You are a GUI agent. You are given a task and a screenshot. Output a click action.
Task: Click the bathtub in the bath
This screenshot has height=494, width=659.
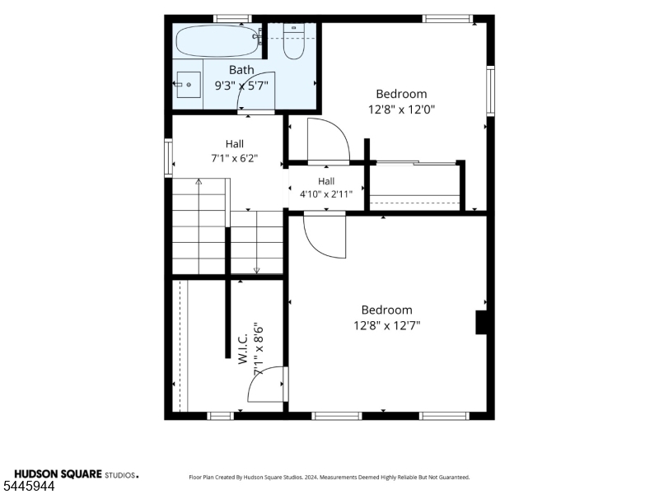tap(217, 40)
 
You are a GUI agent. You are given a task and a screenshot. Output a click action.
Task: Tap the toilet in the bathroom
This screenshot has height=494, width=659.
tap(294, 41)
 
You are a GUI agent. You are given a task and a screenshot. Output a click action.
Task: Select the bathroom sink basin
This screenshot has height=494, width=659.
tap(189, 85)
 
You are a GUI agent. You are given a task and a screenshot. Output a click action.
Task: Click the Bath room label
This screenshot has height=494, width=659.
tap(241, 70)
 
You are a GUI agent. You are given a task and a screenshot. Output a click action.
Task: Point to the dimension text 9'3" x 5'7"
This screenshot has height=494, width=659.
tap(241, 86)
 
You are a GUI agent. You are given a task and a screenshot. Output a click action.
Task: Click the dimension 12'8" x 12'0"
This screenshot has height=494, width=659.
tap(401, 110)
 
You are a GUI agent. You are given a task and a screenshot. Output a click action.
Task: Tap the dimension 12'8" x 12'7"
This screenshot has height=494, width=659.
tap(386, 325)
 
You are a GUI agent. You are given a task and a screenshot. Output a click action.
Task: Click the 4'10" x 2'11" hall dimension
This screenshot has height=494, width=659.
tap(326, 194)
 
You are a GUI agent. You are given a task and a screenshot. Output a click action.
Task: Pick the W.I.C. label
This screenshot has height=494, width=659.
tap(243, 349)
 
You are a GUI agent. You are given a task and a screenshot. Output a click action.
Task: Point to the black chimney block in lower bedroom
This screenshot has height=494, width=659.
tap(481, 322)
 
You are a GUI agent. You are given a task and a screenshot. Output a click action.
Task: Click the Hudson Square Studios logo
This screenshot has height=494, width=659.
tap(76, 474)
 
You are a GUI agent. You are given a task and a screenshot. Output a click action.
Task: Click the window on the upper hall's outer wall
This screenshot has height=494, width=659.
tap(168, 157)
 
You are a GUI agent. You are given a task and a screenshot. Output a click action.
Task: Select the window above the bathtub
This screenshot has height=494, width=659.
tap(232, 18)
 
